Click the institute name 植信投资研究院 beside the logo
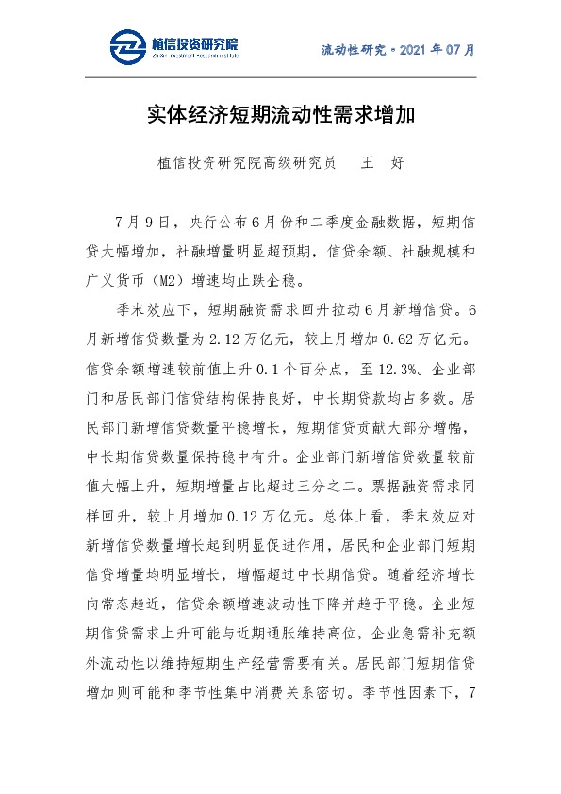(x=194, y=42)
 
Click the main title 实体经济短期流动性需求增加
(x=280, y=116)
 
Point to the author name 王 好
(x=383, y=162)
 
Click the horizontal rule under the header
(x=280, y=77)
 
